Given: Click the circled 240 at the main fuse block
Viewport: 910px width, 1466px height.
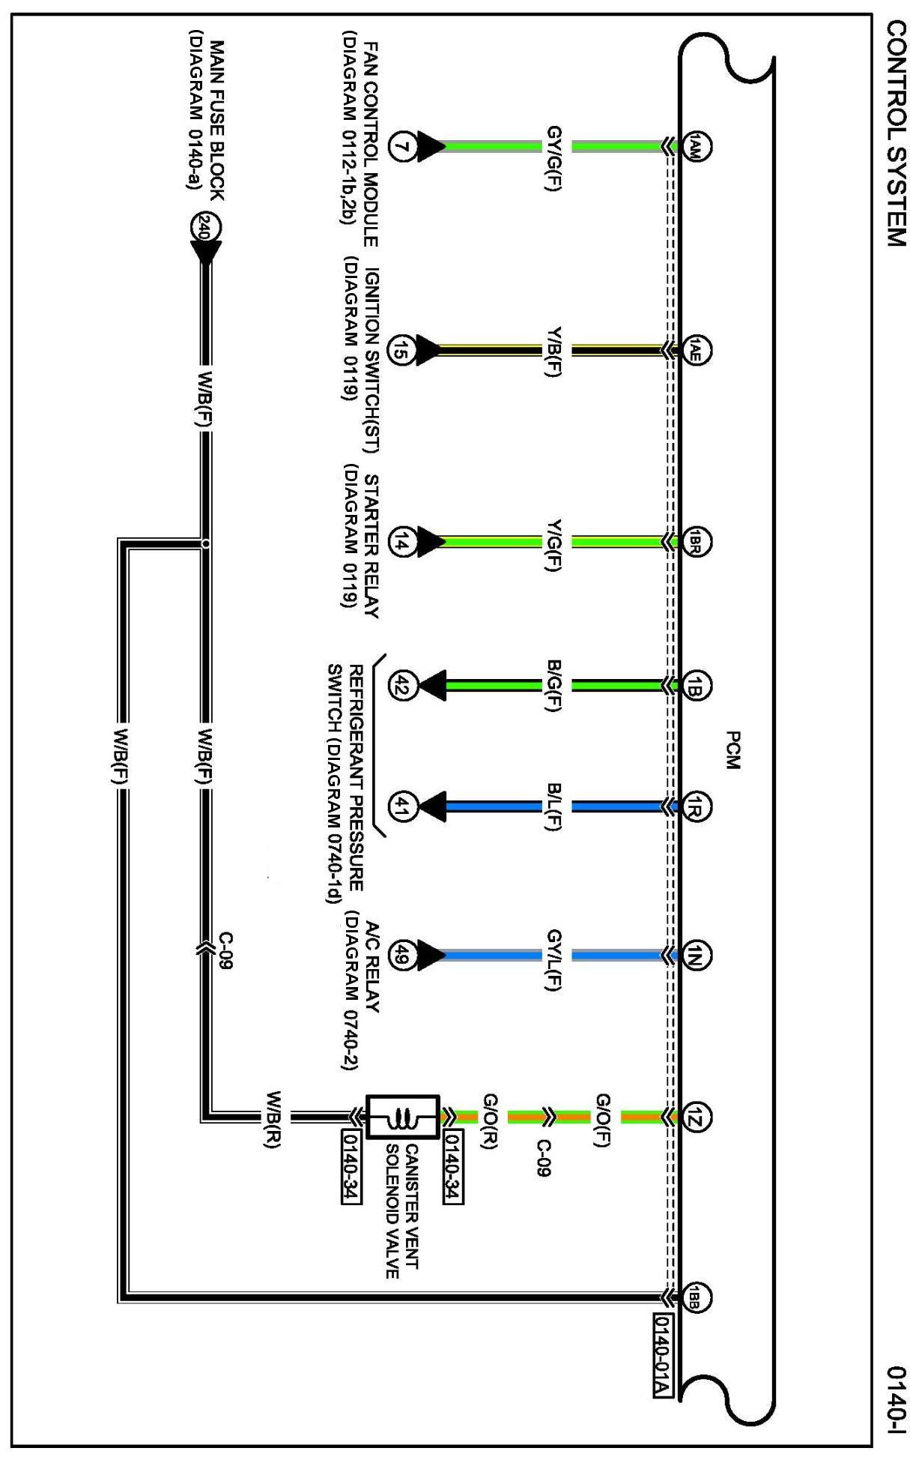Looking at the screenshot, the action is [204, 228].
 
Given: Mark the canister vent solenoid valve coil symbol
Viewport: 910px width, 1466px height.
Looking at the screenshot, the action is [402, 1118].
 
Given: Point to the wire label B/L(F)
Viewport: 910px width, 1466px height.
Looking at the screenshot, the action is [554, 807].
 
